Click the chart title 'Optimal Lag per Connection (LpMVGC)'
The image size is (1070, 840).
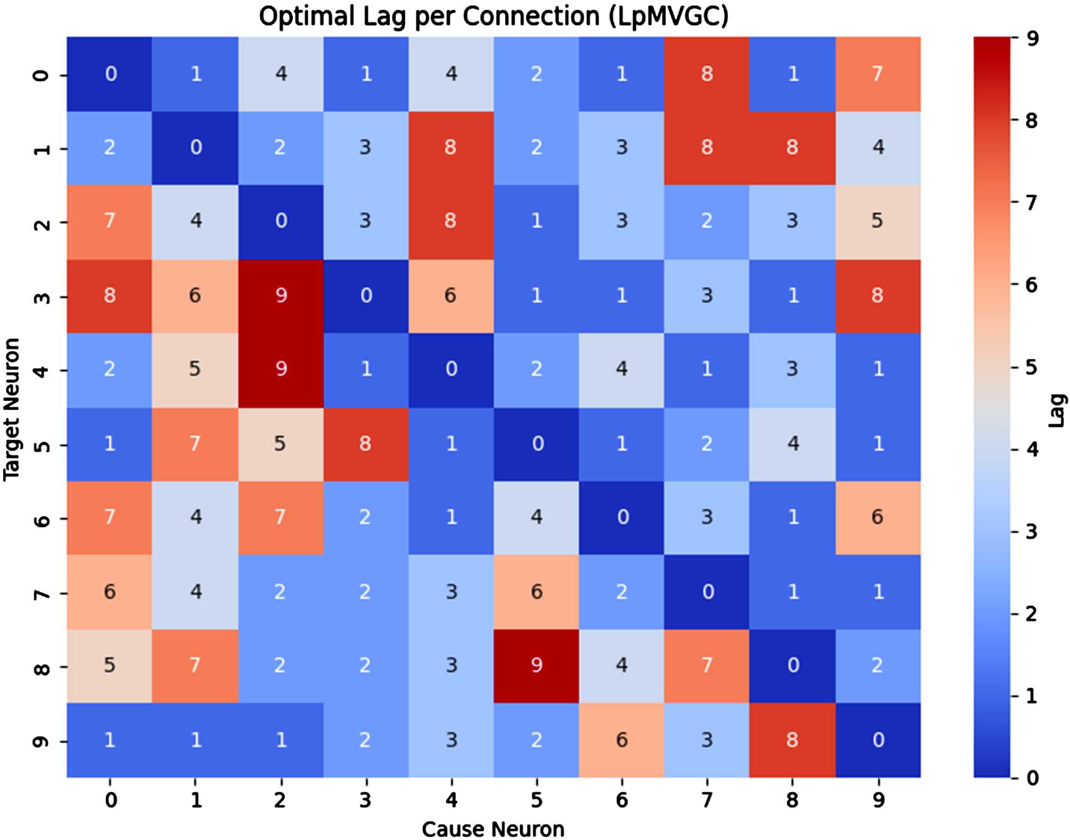coord(493,16)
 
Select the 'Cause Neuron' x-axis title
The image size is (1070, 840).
coord(493,829)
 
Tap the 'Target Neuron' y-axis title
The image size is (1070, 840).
coord(12,409)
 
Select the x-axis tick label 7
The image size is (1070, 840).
coord(707,800)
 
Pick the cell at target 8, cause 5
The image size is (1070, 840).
coord(536,666)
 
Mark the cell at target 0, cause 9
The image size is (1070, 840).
coord(877,74)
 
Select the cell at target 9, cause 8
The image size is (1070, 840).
coord(792,740)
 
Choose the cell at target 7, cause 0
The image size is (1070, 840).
coord(110,592)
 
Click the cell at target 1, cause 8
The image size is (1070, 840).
coord(792,148)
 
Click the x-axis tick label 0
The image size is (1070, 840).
coord(111,800)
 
